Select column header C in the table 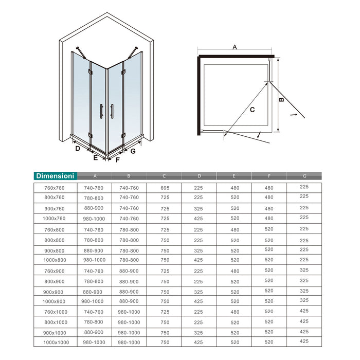pos(164,176)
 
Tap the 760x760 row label pos(55,188)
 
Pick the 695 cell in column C pos(165,188)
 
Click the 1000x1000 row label pos(56,342)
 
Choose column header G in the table pos(304,176)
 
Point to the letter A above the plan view pos(235,47)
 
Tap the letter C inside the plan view pos(253,110)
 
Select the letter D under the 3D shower pos(78,149)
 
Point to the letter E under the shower pos(95,158)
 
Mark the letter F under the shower pos(117,160)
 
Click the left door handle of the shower pos(101,111)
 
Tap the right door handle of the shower pos(112,111)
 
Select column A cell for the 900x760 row pos(94,208)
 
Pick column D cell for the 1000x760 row pos(199,218)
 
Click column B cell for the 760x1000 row pos(129,312)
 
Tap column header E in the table pos(233,176)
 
